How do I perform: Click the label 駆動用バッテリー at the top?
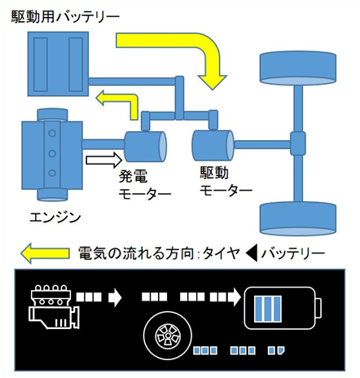pyautogui.click(x=65, y=17)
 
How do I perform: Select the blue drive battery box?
pyautogui.click(x=58, y=64)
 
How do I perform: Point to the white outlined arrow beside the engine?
pyautogui.click(x=104, y=160)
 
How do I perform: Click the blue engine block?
pyautogui.click(x=52, y=155)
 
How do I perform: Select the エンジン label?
pyautogui.click(x=55, y=218)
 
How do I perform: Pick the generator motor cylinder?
pyautogui.click(x=145, y=147)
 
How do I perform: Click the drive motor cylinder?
pyautogui.click(x=213, y=146)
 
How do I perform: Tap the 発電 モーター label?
pyautogui.click(x=145, y=185)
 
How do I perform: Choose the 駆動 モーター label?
pyautogui.click(x=226, y=181)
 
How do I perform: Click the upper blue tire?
pyautogui.click(x=298, y=68)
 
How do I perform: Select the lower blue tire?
pyautogui.click(x=298, y=218)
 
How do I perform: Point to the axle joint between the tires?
pyautogui.click(x=298, y=143)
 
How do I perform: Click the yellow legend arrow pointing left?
pyautogui.click(x=45, y=253)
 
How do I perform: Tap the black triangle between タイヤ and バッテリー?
pyautogui.click(x=252, y=253)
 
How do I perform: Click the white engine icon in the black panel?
pyautogui.click(x=54, y=306)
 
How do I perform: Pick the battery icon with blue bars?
pyautogui.click(x=283, y=308)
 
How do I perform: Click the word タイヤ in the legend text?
pyautogui.click(x=222, y=253)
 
